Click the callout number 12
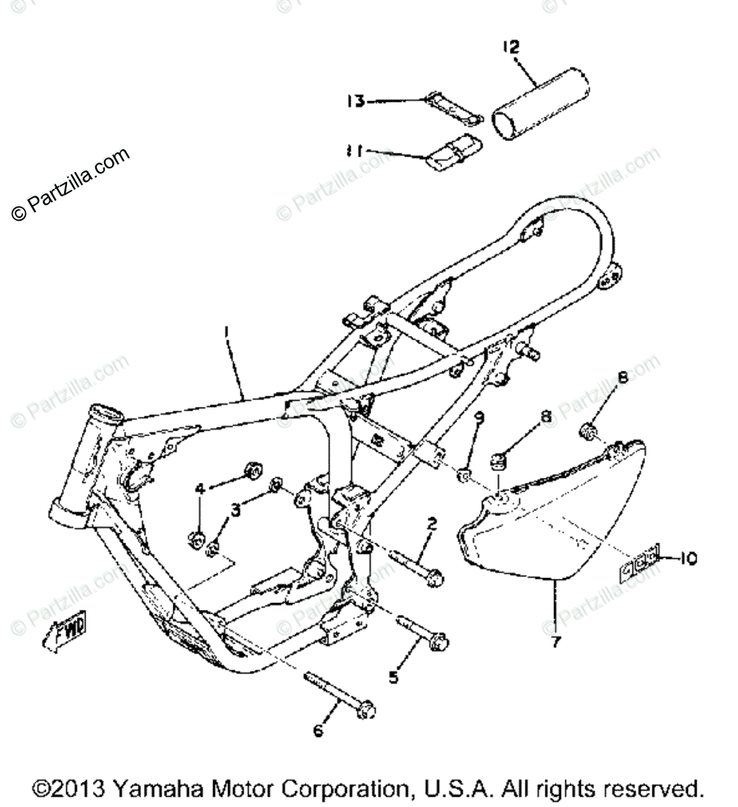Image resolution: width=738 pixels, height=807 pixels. pyautogui.click(x=511, y=47)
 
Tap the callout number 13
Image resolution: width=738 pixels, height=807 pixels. pyautogui.click(x=356, y=100)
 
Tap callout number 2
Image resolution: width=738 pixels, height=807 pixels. pyautogui.click(x=432, y=523)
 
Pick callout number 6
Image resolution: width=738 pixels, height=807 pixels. pyautogui.click(x=318, y=731)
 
